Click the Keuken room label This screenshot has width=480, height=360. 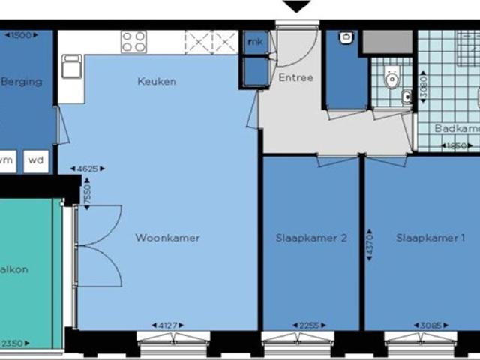coord(156,81)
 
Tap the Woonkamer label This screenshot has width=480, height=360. coord(167,238)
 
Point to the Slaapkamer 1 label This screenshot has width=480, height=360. coord(431,238)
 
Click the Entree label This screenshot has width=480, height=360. coord(295,78)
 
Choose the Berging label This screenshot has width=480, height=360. coord(21,82)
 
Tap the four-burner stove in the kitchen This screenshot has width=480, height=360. coord(133,41)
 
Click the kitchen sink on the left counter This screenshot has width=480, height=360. coord(71,68)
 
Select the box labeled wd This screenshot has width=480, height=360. coord(34,160)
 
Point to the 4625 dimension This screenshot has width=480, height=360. coord(87,169)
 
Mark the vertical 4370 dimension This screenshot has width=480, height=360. coord(369,245)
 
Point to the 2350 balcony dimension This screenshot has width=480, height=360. coord(12,344)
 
